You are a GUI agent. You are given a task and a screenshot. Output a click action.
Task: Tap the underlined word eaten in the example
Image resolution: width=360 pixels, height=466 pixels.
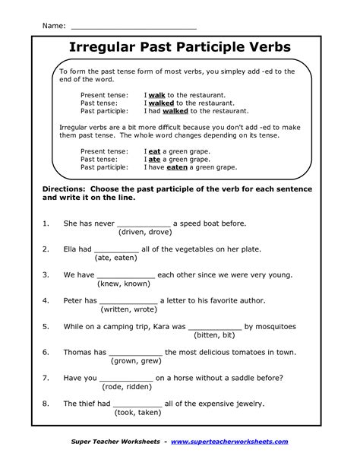[x=177, y=167]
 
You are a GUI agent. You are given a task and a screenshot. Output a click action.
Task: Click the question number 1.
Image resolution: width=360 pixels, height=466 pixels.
[x=46, y=223]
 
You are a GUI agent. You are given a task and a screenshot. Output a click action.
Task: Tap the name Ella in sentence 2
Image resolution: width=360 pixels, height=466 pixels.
[x=72, y=249]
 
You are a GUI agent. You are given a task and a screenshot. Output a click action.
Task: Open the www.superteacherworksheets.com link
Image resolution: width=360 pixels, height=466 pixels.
[x=229, y=442]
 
